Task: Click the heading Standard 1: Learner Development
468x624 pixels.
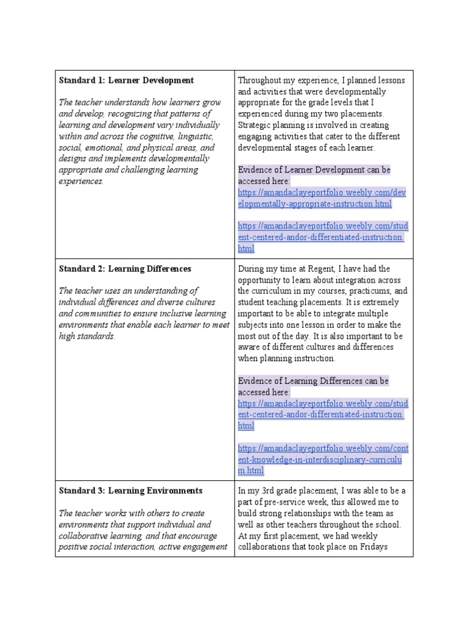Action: (x=126, y=80)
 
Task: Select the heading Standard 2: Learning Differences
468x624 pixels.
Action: (x=125, y=269)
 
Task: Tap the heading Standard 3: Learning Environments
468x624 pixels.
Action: (x=130, y=491)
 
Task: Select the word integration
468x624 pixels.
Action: (x=347, y=280)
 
